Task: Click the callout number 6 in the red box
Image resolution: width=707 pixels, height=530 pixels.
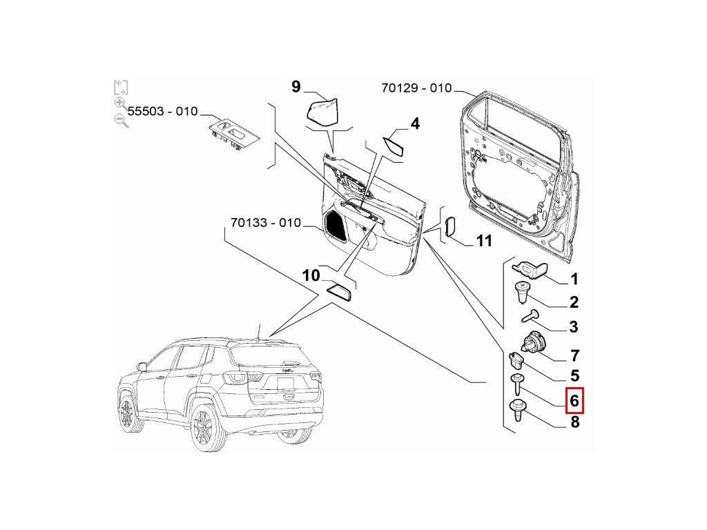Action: pos(574,400)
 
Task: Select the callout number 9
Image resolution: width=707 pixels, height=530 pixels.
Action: pos(296,86)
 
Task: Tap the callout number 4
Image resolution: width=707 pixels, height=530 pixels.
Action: pos(414,124)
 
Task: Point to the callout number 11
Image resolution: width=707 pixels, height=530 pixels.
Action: pos(484,241)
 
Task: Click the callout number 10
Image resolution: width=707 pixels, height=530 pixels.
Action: pos(311,275)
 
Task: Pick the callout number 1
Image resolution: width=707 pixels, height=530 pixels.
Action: pos(574,279)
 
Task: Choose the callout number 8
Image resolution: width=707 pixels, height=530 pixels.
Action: pos(574,423)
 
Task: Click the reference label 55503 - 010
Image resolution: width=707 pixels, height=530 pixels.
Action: pos(162,111)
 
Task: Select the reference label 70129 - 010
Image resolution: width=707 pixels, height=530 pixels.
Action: pos(416,88)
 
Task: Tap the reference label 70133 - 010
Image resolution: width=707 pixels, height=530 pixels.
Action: pos(266,223)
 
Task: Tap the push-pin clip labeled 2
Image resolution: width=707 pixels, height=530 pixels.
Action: pos(523,292)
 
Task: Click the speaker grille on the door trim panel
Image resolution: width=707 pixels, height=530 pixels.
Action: pos(336,225)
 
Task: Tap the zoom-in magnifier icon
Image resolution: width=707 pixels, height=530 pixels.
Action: pos(120,104)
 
